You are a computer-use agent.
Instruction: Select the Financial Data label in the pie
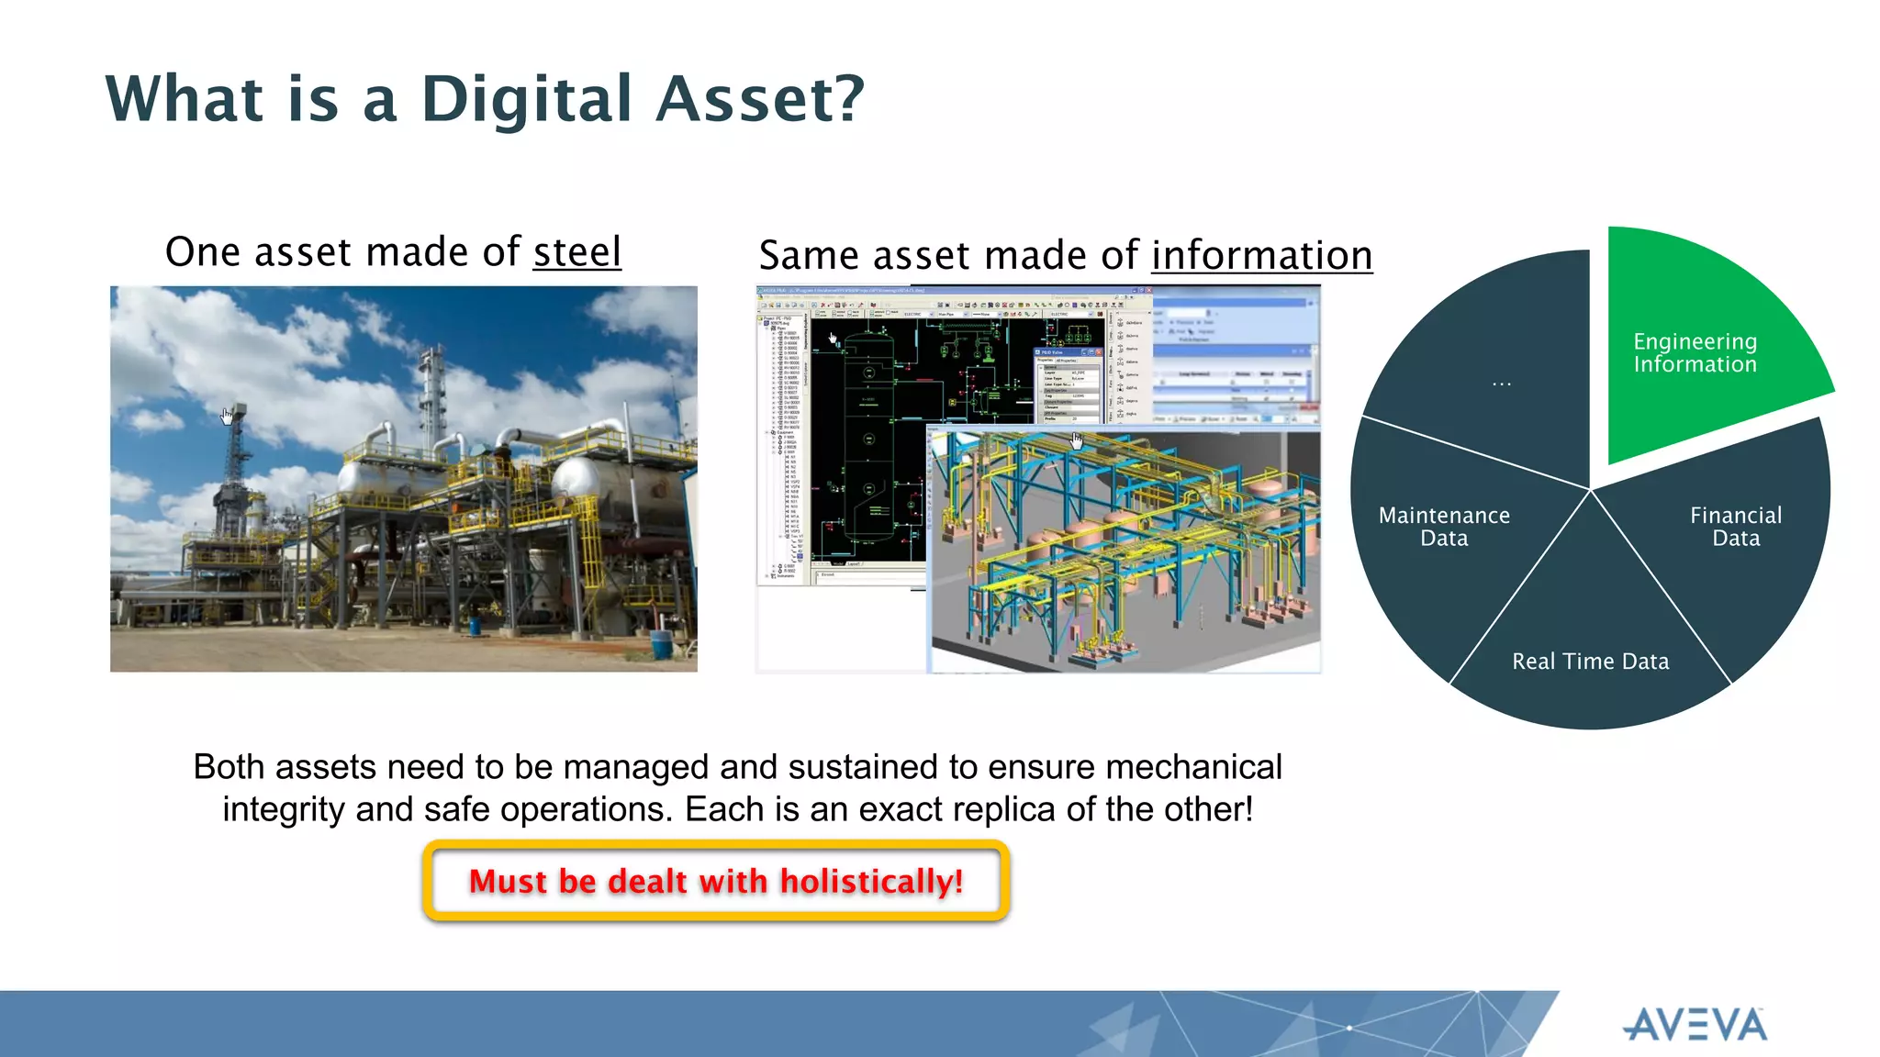click(1736, 527)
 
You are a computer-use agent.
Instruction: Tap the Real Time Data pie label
click(1590, 662)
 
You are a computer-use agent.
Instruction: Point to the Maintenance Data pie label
click(1444, 527)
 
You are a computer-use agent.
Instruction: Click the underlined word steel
click(577, 252)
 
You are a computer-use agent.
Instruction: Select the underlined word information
click(1261, 256)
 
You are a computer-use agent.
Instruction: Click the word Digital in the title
click(527, 99)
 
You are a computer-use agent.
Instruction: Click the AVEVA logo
click(1695, 1025)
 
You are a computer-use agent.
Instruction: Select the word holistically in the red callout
click(871, 882)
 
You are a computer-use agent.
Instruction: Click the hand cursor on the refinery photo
click(227, 417)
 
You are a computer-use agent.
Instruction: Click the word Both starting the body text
click(229, 767)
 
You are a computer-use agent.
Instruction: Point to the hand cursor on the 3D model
click(1077, 440)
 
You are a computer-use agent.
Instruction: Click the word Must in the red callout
click(508, 882)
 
